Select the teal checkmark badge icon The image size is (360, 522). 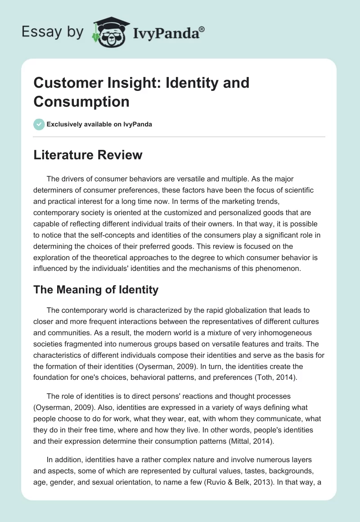click(x=39, y=124)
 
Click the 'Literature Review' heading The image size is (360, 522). click(x=88, y=155)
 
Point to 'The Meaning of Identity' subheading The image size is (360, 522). click(x=96, y=290)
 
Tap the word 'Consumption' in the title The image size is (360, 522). click(x=81, y=101)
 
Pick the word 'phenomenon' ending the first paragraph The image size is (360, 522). click(x=287, y=268)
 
